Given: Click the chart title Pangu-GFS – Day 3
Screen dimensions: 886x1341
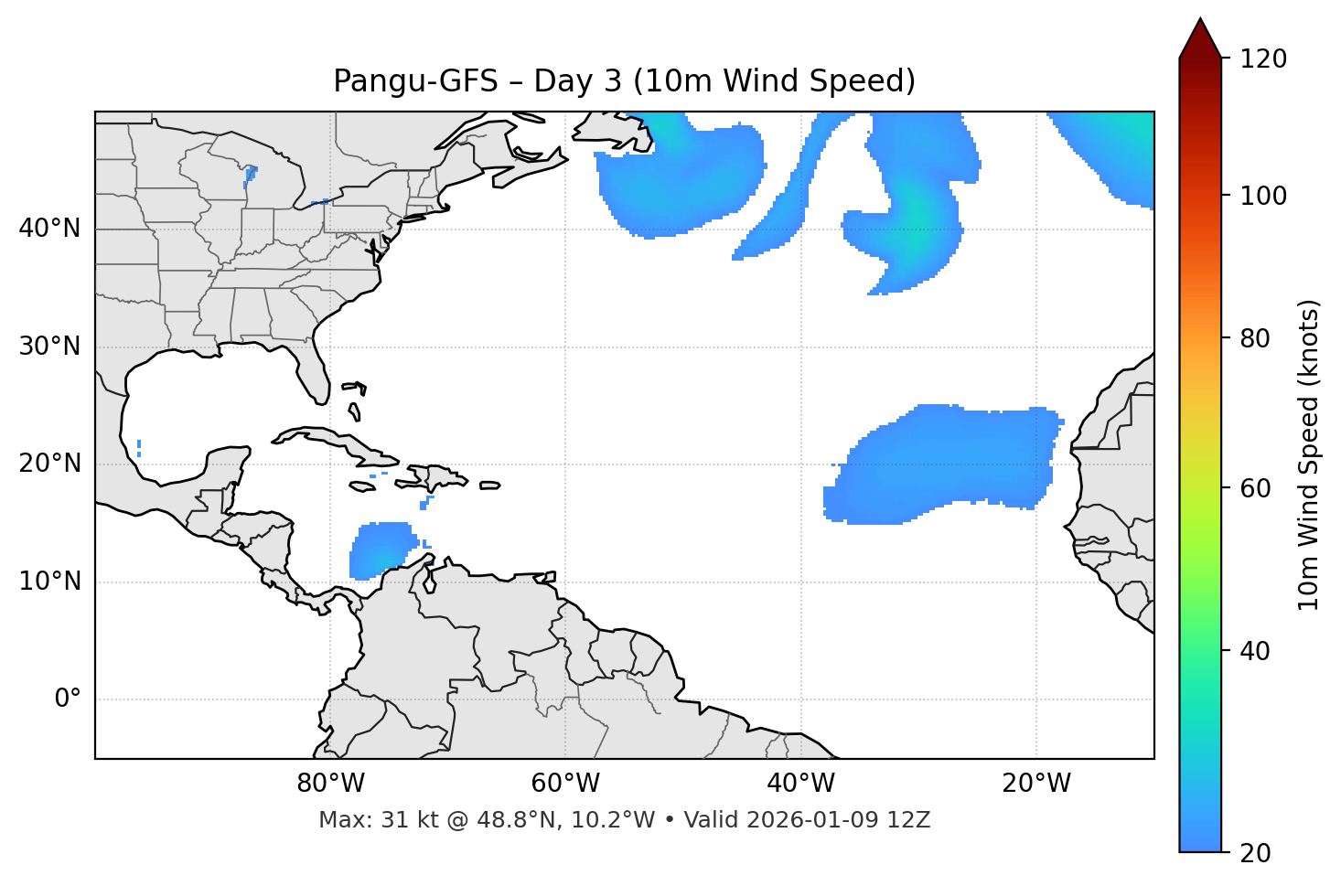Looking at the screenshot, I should [x=624, y=81].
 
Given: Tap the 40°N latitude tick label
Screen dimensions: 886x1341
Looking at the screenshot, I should [x=49, y=229].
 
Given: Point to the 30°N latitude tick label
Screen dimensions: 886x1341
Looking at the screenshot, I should [x=49, y=347].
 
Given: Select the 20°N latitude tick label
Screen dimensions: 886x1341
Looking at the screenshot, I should [x=49, y=464].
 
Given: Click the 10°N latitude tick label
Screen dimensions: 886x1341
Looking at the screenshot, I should [x=49, y=582].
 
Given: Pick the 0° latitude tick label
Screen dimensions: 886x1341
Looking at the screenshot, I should [x=68, y=699].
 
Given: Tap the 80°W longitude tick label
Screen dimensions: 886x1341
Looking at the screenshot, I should [x=330, y=784].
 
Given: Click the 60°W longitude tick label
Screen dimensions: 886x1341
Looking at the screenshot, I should [x=565, y=784].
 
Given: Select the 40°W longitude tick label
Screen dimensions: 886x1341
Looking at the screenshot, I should [x=800, y=784].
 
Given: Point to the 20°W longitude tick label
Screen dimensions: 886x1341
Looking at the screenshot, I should [x=1035, y=784].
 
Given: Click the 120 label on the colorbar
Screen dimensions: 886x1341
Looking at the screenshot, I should [x=1263, y=59].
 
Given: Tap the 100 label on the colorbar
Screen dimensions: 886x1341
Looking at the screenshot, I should [x=1263, y=196].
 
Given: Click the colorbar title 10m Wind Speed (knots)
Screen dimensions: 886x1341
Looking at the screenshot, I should [x=1309, y=454].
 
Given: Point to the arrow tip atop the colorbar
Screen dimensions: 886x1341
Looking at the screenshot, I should [x=1199, y=20].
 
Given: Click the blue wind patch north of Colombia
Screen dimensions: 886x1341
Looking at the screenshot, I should [x=380, y=549].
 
